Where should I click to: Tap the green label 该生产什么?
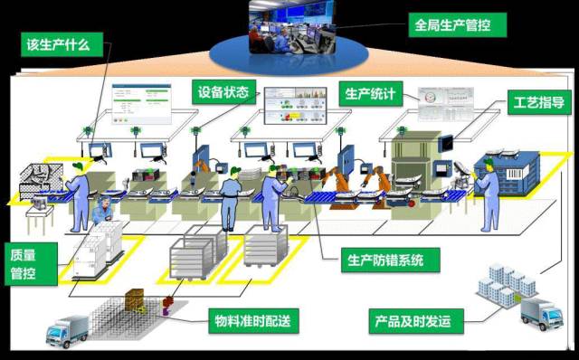(58, 44)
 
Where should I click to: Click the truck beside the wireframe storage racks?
(67, 331)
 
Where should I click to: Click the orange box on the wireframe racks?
(135, 299)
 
